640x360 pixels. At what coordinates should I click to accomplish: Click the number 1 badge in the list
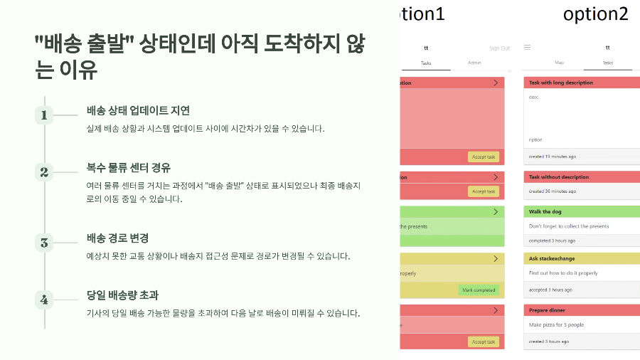(x=44, y=115)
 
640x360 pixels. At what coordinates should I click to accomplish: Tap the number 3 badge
(x=44, y=243)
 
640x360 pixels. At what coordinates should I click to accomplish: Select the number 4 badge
(x=44, y=300)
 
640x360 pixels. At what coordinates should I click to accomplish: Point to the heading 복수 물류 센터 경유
(x=128, y=168)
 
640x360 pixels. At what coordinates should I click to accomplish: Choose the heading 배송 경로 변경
(x=117, y=238)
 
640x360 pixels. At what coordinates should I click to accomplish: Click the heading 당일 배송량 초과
(x=122, y=295)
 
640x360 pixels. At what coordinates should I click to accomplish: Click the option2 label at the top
(x=596, y=14)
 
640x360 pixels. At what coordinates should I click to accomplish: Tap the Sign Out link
(x=499, y=48)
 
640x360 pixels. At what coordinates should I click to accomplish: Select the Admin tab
(x=474, y=63)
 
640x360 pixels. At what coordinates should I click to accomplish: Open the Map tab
(x=559, y=63)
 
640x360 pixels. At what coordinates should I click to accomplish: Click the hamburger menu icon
(x=527, y=48)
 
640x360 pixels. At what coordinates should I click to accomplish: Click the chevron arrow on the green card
(x=495, y=212)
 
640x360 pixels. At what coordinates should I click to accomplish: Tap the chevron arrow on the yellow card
(x=495, y=259)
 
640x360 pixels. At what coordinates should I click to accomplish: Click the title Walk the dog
(x=546, y=211)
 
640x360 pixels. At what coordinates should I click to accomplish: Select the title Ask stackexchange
(x=551, y=258)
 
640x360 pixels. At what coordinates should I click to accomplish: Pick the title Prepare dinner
(x=547, y=310)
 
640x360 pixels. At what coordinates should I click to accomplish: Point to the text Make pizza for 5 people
(x=556, y=324)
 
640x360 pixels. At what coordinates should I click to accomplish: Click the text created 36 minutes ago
(x=553, y=191)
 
